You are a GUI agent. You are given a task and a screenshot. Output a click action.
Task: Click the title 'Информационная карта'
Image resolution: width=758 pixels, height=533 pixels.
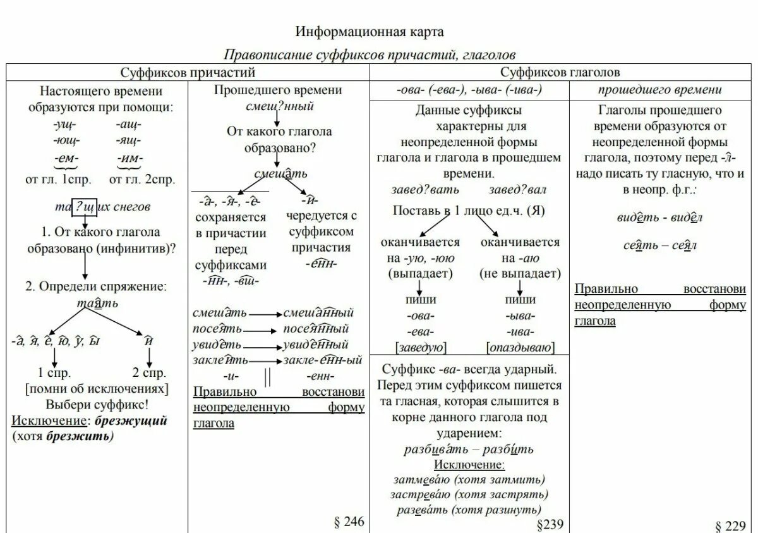click(x=370, y=31)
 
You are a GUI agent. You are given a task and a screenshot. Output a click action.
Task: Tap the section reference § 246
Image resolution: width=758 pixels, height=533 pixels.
click(x=349, y=522)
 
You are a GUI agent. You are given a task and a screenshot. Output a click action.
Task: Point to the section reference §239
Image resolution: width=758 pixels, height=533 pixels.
click(x=549, y=524)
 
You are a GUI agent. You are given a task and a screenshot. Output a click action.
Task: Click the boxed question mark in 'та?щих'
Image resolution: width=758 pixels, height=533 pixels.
click(x=83, y=206)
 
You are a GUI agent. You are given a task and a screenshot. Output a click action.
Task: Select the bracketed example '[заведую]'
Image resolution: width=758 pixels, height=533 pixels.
click(x=420, y=346)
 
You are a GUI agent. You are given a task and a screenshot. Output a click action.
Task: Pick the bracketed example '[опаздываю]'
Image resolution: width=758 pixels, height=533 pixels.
click(x=520, y=346)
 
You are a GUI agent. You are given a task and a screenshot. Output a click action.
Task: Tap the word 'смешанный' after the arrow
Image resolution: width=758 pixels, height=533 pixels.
click(x=318, y=313)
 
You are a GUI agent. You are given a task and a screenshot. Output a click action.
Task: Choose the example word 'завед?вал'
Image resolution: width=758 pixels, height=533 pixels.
click(x=517, y=190)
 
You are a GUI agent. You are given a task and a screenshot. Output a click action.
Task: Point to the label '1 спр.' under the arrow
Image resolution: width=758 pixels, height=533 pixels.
click(x=54, y=372)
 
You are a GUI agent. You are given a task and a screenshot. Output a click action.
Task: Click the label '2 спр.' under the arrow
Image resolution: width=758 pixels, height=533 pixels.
click(x=149, y=372)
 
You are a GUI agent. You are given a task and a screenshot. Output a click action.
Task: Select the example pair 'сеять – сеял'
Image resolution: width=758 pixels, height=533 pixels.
click(x=659, y=245)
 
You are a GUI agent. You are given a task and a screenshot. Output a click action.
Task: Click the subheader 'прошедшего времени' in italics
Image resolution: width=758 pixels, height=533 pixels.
click(x=660, y=90)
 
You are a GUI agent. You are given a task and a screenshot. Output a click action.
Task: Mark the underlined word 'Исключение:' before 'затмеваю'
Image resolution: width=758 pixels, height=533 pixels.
click(x=469, y=465)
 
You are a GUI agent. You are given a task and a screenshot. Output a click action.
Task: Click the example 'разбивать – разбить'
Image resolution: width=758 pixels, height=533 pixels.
click(x=469, y=450)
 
